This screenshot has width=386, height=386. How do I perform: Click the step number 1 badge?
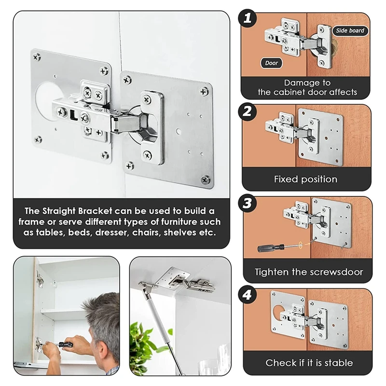coord(247,18)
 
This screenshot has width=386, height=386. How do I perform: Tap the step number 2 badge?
coord(247,111)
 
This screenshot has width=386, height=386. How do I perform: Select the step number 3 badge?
coord(247,204)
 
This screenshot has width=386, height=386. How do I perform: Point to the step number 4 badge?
coord(247,295)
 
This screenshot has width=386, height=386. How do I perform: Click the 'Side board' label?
coord(350,30)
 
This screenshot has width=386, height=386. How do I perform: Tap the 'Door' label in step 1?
coord(271,63)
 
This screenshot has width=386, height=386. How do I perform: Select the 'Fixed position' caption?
coord(305,179)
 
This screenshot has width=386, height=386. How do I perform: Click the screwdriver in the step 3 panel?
coord(279,247)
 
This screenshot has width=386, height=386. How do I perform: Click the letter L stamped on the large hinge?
coord(74,115)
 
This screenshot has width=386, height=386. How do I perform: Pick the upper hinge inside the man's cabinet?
coord(40,279)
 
